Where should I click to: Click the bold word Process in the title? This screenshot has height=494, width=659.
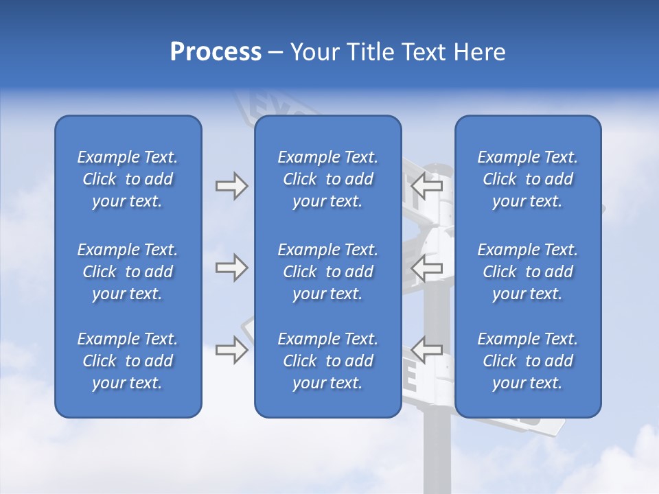[x=216, y=52]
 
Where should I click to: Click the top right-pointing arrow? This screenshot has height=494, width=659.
[x=231, y=186]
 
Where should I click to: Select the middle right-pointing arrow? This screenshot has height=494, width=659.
[x=231, y=268]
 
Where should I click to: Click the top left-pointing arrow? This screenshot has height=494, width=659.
[x=428, y=186]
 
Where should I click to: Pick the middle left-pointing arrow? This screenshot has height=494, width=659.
[x=428, y=268]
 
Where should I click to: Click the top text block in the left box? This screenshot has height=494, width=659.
[x=128, y=179]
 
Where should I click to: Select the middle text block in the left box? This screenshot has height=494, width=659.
[x=128, y=272]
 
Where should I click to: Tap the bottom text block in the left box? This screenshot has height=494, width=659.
[x=128, y=361]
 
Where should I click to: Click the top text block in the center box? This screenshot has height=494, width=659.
[x=327, y=179]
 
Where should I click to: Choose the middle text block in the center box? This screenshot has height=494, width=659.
[x=327, y=272]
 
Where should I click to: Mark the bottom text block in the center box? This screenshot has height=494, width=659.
[x=327, y=361]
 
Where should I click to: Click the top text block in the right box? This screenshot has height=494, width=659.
[x=527, y=179]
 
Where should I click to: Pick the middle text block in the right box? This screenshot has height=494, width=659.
[x=527, y=272]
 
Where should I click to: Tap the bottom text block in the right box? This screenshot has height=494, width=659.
[x=527, y=361]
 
